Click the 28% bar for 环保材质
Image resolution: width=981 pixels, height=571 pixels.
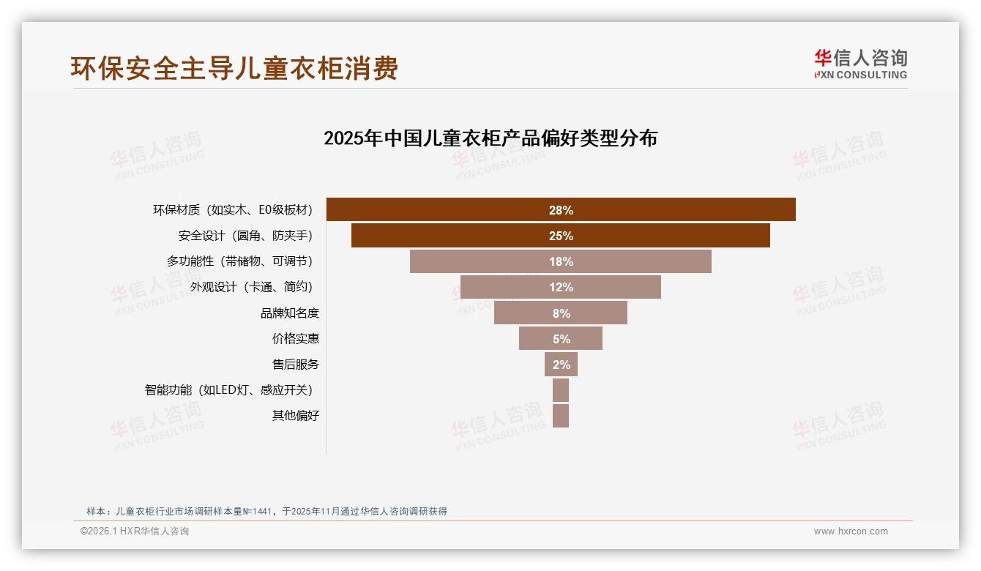[x=561, y=210]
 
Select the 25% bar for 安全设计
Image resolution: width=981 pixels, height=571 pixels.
[x=561, y=236]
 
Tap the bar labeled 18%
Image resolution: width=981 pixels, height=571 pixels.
[x=561, y=261]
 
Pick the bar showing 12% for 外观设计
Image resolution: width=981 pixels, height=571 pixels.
[x=561, y=287]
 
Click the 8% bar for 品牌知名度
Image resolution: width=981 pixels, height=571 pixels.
[x=561, y=313]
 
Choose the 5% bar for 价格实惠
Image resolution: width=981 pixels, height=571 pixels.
[x=561, y=338]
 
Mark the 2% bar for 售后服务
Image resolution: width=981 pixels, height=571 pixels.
[x=561, y=364]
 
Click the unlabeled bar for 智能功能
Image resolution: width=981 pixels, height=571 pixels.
[x=561, y=390]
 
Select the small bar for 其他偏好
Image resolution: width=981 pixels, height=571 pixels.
[x=561, y=416]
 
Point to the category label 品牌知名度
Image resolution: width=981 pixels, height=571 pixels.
[x=290, y=313]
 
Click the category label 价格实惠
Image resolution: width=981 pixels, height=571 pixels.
[x=296, y=339]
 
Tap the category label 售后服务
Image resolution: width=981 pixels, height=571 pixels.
[x=296, y=365]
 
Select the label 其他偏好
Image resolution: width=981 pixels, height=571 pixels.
[x=296, y=416]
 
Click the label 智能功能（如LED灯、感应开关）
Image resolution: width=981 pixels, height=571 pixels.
[x=232, y=390]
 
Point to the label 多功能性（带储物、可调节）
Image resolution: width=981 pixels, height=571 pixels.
[x=243, y=261]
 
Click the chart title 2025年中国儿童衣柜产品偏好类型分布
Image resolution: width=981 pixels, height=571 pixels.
[x=490, y=138]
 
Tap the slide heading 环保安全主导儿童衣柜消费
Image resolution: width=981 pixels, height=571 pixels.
[x=234, y=68]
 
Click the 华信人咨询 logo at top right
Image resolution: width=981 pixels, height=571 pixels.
[x=860, y=64]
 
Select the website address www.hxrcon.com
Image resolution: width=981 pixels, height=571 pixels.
[x=851, y=531]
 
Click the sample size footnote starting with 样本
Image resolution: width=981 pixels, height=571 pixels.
[x=266, y=512]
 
